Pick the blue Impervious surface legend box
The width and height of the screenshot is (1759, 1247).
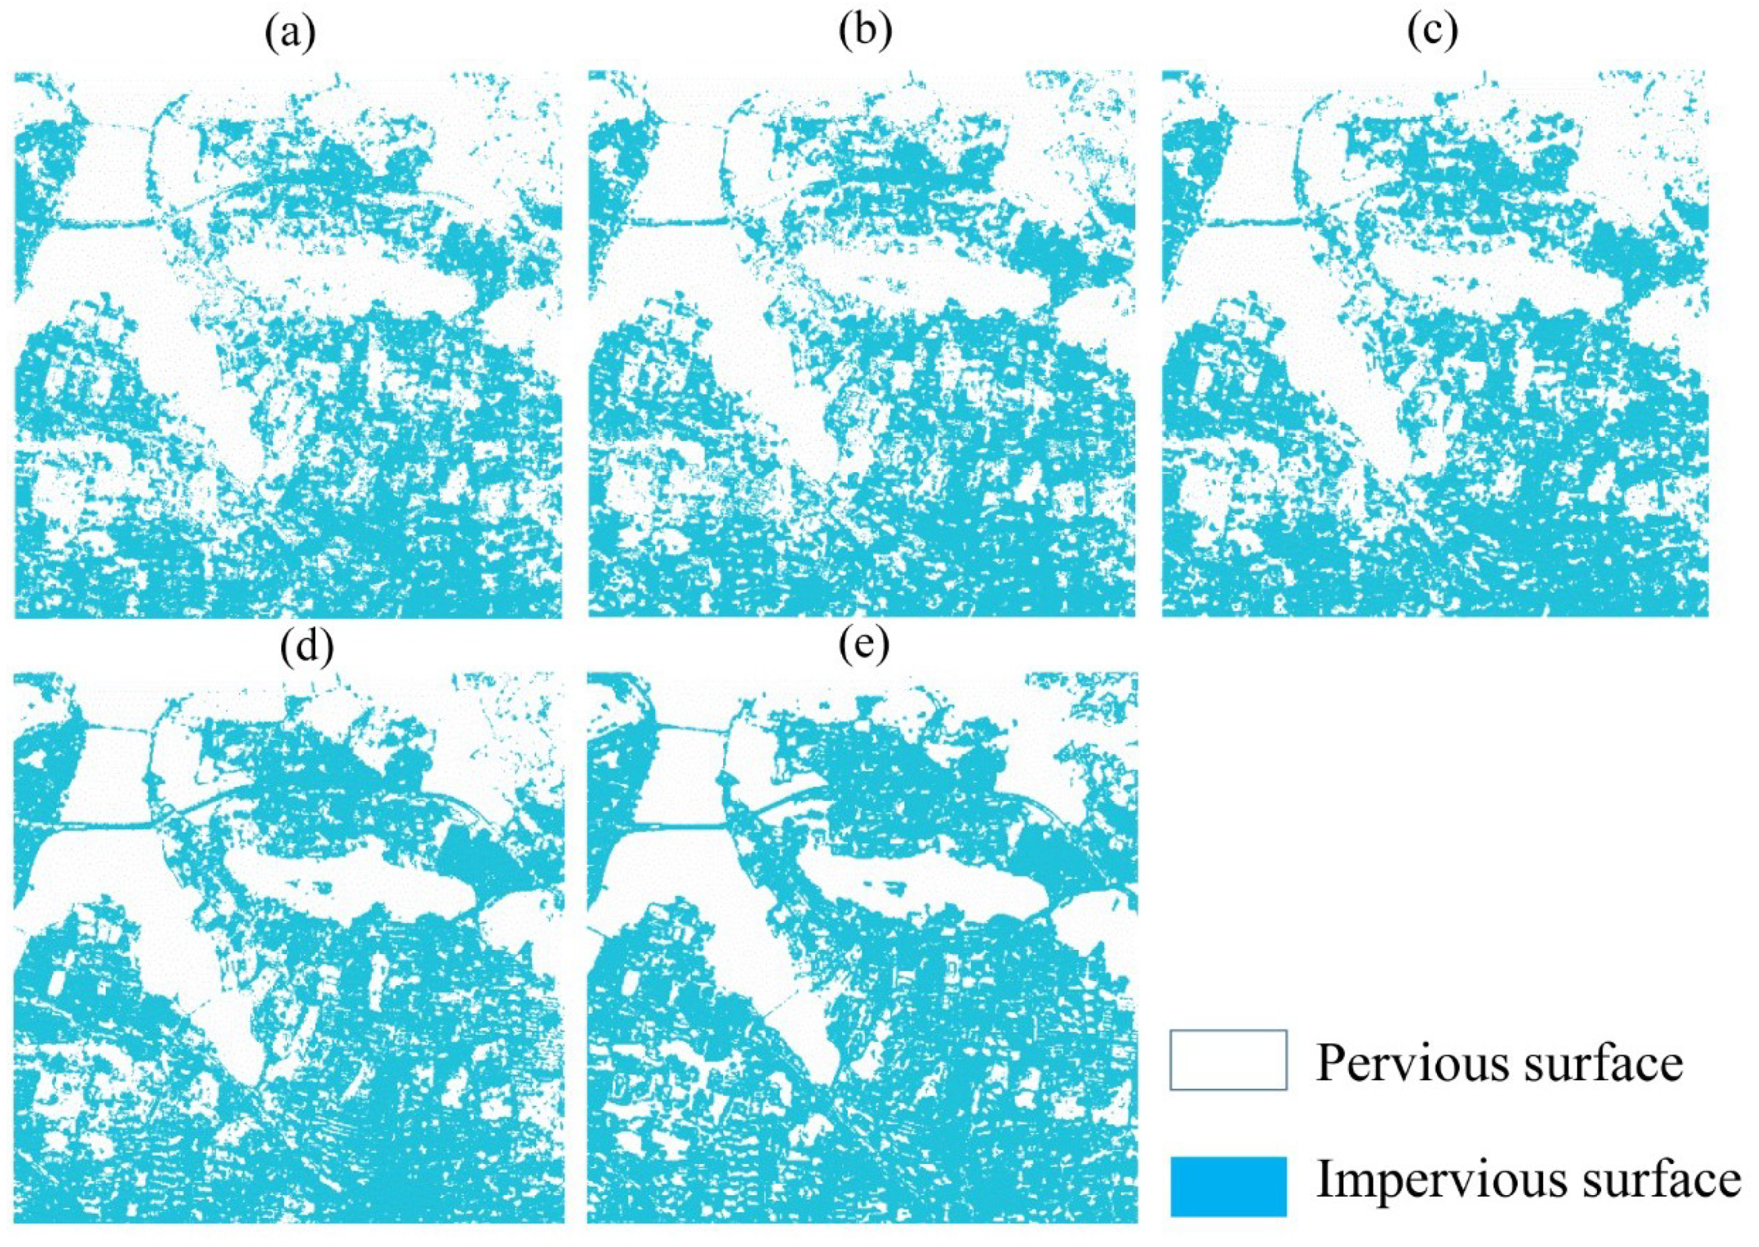pyautogui.click(x=1228, y=1186)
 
